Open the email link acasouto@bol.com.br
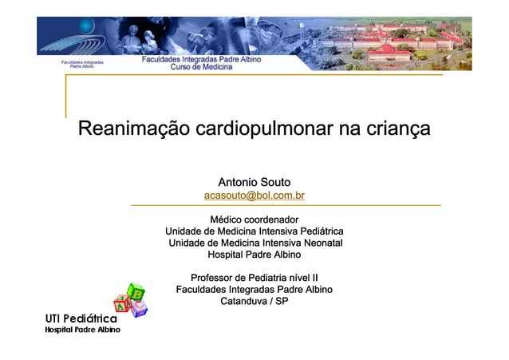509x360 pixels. click(x=254, y=195)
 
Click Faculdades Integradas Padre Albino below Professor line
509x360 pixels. click(x=254, y=290)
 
